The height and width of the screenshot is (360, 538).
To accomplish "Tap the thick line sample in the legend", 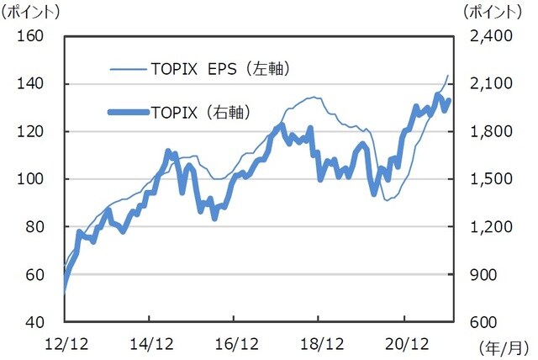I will (129, 111).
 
